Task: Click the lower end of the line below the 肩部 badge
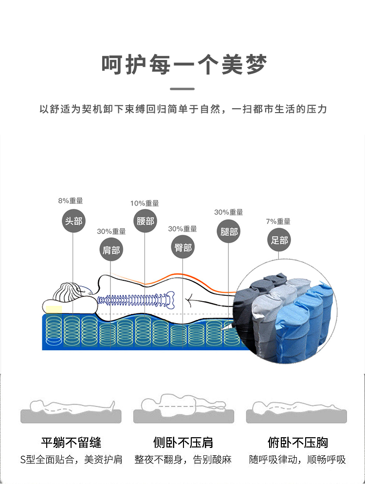[110, 348]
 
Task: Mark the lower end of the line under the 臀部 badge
[182, 348]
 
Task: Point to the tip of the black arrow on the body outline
[185, 299]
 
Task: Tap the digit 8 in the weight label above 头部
[60, 201]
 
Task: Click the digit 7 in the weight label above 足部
[268, 222]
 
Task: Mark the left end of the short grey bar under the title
[170, 89]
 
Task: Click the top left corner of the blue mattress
[42, 314]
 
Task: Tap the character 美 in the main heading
[232, 65]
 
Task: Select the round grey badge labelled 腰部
[145, 221]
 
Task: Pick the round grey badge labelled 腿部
[229, 232]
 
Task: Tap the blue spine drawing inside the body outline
[136, 299]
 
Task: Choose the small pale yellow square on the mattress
[54, 310]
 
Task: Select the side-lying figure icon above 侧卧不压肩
[183, 405]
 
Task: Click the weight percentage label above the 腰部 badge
[145, 203]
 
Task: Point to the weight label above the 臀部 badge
[182, 229]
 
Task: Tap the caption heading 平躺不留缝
[71, 443]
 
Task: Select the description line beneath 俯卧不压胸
[297, 460]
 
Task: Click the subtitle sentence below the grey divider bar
[183, 109]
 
